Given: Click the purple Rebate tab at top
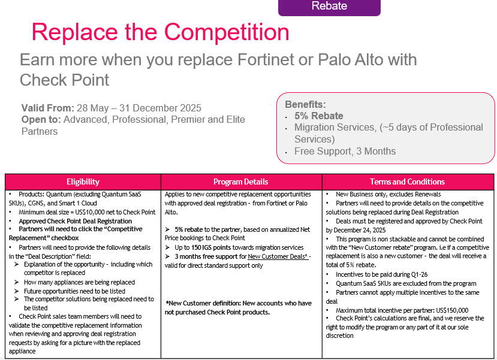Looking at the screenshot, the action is click(329, 7).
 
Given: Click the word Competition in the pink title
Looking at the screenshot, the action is click(226, 32).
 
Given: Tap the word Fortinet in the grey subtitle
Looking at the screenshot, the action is click(275, 59).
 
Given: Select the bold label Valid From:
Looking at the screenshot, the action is click(47, 108).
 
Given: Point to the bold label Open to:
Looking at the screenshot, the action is click(41, 120).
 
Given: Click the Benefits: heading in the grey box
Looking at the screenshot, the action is click(305, 104).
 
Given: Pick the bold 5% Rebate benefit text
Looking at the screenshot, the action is click(319, 116).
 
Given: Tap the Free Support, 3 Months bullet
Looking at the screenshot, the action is click(345, 152).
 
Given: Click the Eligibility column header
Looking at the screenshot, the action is click(83, 181).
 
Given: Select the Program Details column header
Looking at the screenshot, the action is click(241, 181).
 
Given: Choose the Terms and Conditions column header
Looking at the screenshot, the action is click(407, 181).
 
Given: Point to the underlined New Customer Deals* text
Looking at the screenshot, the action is click(278, 256).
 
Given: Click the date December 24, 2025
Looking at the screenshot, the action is click(360, 230).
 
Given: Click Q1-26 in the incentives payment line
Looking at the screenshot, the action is click(418, 274).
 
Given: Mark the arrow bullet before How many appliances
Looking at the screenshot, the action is click(16, 282).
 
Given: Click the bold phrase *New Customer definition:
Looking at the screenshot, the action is click(203, 303).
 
